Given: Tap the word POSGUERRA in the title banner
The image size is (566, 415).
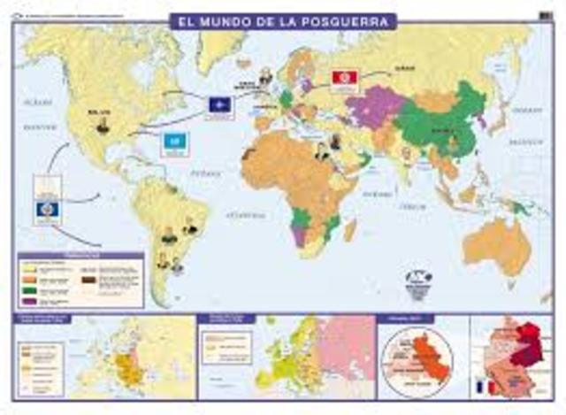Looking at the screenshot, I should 344,19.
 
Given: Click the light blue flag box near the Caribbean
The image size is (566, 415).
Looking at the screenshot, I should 172,142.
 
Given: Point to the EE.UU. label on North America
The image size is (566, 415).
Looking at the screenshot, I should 98,112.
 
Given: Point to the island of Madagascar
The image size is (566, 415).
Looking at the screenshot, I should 351,229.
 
